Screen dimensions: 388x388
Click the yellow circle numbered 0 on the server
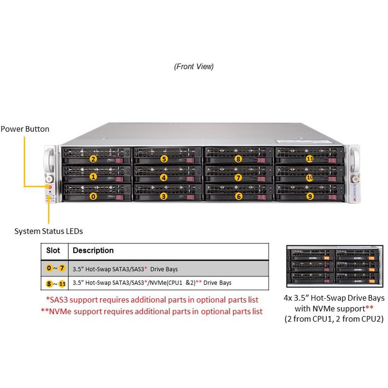click(x=94, y=196)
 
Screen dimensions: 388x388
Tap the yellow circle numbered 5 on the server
click(x=164, y=159)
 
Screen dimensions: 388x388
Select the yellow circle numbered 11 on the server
click(x=310, y=159)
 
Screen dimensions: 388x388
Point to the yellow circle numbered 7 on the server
click(x=238, y=178)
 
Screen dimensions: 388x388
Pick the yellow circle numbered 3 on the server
click(x=164, y=196)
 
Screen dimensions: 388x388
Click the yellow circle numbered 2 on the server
click(x=94, y=159)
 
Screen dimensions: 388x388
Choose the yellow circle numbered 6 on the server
click(x=238, y=196)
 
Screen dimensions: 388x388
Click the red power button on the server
click(x=49, y=186)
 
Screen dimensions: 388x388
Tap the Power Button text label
click(x=25, y=129)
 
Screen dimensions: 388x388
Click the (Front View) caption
click(x=194, y=66)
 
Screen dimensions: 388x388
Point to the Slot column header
click(x=53, y=251)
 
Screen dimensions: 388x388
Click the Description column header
click(x=93, y=251)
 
